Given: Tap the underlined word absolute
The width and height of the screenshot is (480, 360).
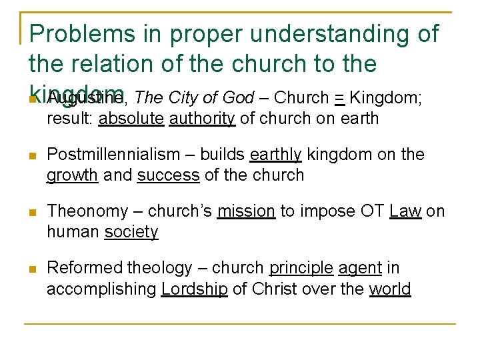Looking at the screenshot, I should [x=131, y=119].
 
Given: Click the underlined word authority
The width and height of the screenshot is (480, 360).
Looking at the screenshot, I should [x=202, y=119].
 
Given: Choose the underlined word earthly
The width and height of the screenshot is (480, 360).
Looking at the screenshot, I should [x=276, y=155].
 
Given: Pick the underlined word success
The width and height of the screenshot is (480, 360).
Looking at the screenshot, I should [x=168, y=175].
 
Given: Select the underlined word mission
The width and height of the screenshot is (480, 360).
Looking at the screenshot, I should [x=247, y=211].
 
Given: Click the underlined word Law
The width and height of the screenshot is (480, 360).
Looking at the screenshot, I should [x=405, y=211].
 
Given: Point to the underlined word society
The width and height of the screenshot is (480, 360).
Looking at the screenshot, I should [x=131, y=232].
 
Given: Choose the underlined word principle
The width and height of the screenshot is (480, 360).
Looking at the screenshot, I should [x=301, y=268].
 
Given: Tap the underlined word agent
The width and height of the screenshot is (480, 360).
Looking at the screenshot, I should [x=360, y=268].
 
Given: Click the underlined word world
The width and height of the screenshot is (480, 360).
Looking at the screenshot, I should [x=390, y=289].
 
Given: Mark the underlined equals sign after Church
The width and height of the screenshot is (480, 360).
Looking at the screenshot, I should [x=339, y=99].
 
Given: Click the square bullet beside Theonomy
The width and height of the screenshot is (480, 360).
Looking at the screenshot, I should [x=31, y=213].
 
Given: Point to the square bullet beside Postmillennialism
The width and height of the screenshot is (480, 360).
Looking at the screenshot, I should [x=31, y=156].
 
